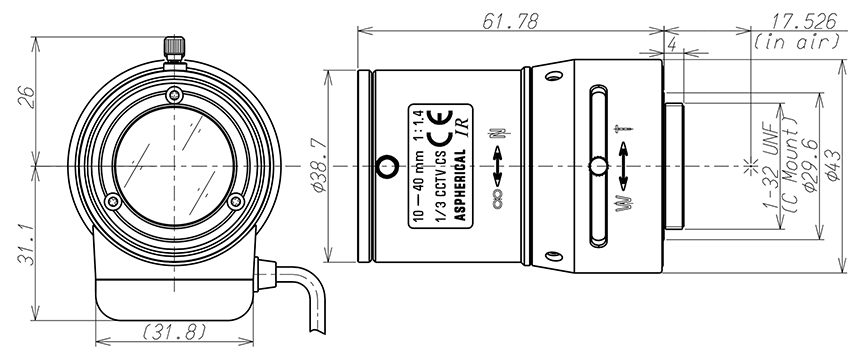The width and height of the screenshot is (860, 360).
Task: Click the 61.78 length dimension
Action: (x=510, y=21)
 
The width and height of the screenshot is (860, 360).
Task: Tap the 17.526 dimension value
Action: (x=804, y=21)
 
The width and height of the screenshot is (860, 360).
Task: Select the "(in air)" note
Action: (x=797, y=42)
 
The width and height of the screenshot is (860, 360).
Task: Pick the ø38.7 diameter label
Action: (x=319, y=165)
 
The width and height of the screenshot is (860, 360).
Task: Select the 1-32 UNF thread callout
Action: (x=771, y=165)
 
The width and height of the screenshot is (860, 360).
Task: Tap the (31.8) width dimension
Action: (x=174, y=331)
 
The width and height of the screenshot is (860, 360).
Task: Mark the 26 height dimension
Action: (x=26, y=97)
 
